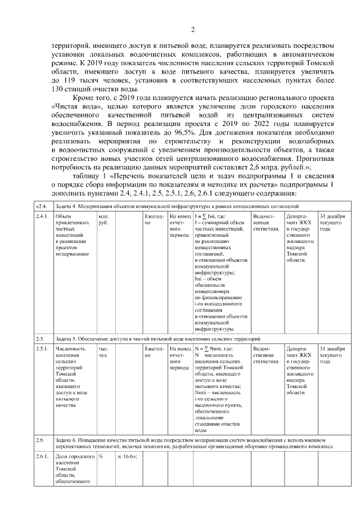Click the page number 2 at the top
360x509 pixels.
point(192,30)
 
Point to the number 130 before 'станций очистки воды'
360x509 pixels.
point(60,89)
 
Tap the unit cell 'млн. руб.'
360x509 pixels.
point(103,219)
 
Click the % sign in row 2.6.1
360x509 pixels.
point(101,457)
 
